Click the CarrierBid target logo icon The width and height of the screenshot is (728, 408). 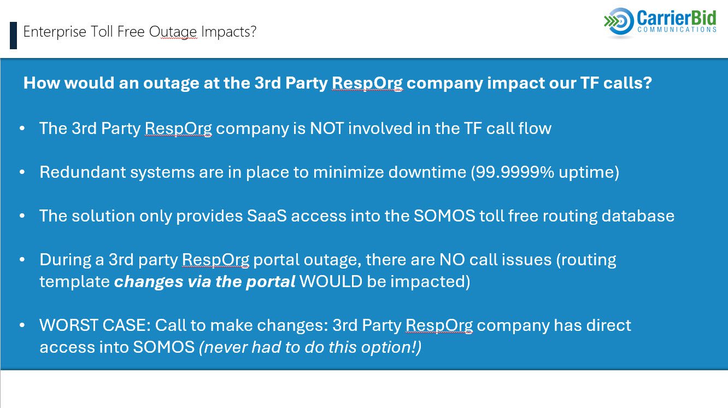(619, 21)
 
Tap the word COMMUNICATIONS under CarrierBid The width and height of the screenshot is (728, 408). (677, 30)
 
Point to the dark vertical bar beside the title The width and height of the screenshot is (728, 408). (13, 36)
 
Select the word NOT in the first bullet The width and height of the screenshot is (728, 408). (327, 128)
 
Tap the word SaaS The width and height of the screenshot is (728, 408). (267, 215)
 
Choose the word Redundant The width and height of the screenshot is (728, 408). (83, 172)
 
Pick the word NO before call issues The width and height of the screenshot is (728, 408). (452, 260)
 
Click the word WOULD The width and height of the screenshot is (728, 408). (331, 281)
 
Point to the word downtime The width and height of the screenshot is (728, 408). (427, 172)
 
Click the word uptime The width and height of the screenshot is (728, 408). (586, 173)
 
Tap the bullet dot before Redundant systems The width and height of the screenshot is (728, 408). (22, 172)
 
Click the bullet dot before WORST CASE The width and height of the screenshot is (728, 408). (22, 325)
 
